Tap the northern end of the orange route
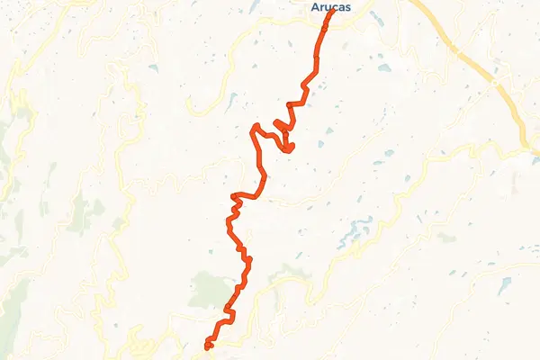[x=333, y=11]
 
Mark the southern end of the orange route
[x=208, y=346]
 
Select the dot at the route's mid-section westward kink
[x=233, y=195]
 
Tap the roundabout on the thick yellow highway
[x=495, y=82]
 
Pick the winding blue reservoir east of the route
[x=355, y=234]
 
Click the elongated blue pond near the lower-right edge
[x=504, y=285]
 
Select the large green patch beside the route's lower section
[x=209, y=290]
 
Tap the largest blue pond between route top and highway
[x=384, y=67]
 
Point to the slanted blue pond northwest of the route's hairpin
[x=231, y=100]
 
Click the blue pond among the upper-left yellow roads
[x=154, y=67]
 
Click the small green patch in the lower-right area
[x=445, y=238]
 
